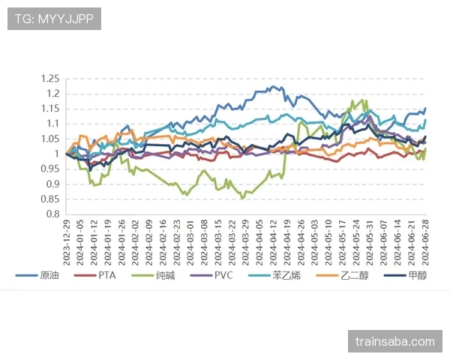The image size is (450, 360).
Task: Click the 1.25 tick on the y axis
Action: pyautogui.click(x=49, y=79)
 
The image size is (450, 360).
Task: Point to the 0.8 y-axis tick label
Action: pyautogui.click(x=52, y=214)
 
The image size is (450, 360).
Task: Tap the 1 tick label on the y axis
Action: pyautogui.click(x=56, y=154)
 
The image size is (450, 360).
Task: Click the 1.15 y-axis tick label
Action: pyautogui.click(x=49, y=109)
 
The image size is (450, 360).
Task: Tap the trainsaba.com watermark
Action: pyautogui.click(x=395, y=342)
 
